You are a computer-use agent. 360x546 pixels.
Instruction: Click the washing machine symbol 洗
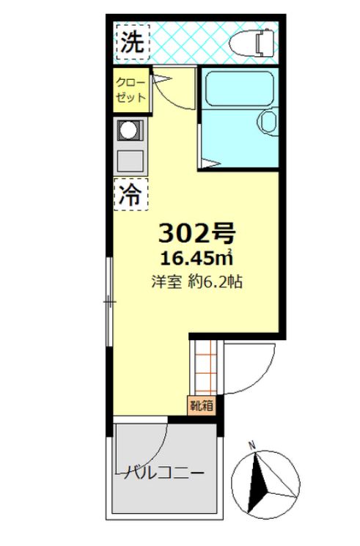133,43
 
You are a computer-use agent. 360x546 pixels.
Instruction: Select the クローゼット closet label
131,90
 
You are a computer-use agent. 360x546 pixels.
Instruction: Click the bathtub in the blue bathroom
239,89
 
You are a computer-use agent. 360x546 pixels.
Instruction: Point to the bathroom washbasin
268,122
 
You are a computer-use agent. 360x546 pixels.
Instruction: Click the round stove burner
128,130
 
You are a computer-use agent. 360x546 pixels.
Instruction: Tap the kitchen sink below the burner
131,161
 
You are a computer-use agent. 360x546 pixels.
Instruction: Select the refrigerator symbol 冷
131,195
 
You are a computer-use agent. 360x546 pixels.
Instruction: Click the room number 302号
197,232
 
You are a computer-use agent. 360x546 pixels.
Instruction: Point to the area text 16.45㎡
197,258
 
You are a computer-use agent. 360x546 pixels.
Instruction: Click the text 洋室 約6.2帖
197,281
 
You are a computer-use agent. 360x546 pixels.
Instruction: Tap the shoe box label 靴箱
202,405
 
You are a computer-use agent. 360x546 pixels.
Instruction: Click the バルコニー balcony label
161,473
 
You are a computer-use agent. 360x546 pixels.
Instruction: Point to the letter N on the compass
251,445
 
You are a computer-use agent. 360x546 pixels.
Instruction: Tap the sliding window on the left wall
109,301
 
